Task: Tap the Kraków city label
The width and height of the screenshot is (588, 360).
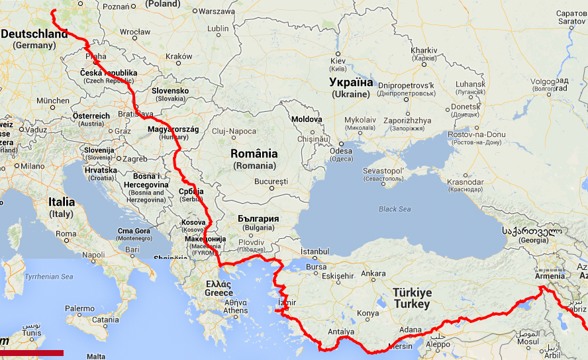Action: pos(179,57)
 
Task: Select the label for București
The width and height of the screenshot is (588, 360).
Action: pos(271,181)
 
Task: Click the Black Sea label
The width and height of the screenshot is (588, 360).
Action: pos(395,209)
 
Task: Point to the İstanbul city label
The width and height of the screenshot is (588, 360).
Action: pos(315,251)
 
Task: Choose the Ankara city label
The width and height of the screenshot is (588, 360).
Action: pos(373,273)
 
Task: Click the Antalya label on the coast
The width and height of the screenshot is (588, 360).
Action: pos(341,332)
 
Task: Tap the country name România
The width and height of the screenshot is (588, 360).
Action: pos(254,154)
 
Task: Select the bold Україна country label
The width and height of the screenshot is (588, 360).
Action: pos(352,83)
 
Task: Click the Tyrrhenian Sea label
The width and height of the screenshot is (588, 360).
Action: pos(48,277)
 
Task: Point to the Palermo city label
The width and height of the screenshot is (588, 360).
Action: pos(79,308)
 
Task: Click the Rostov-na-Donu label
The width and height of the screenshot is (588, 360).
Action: pos(476,134)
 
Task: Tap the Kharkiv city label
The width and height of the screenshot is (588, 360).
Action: pos(424,50)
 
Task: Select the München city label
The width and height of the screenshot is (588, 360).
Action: pos(53,101)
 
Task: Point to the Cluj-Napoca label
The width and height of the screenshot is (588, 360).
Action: pos(234,132)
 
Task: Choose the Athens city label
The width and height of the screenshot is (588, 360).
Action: pos(236,310)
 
